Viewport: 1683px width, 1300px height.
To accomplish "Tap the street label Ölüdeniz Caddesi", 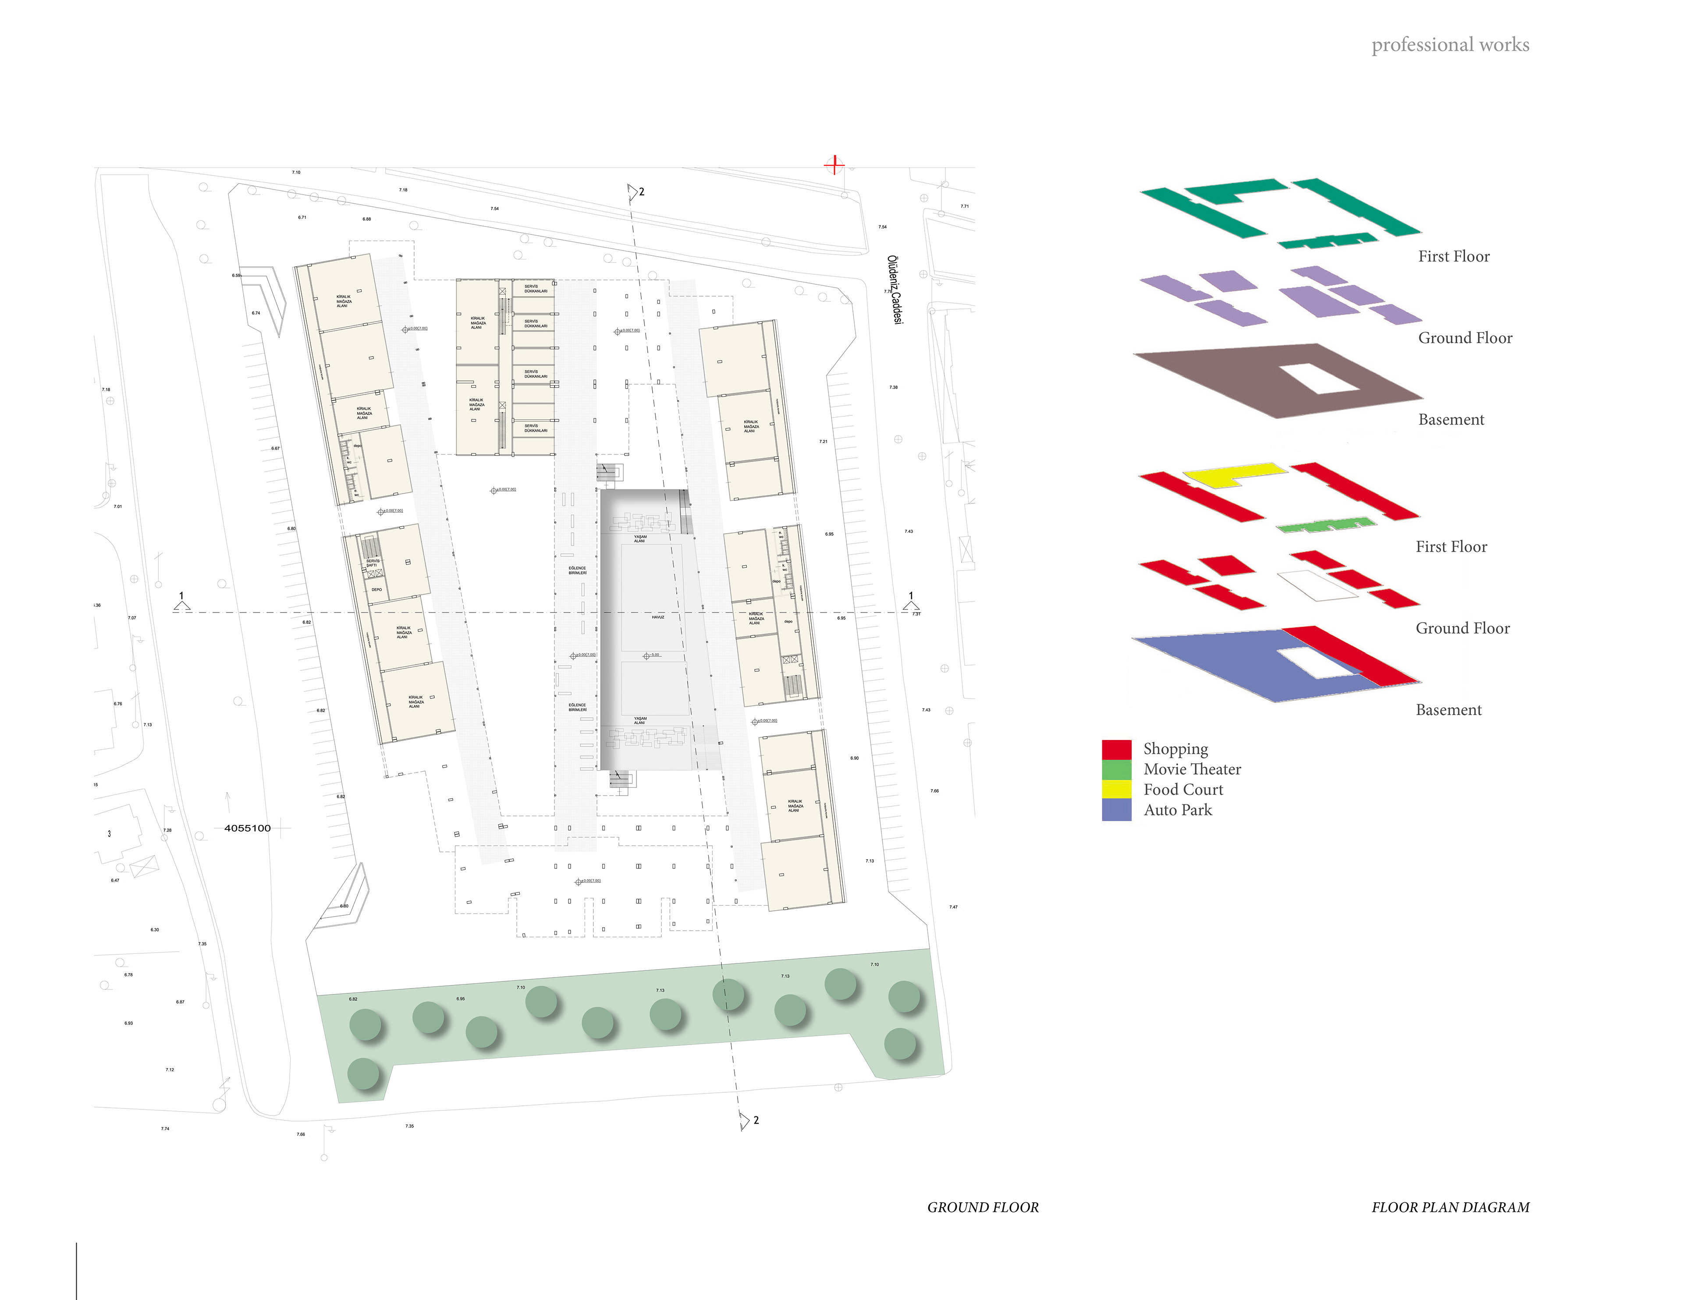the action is pyautogui.click(x=894, y=290).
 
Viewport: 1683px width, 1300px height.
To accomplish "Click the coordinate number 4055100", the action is pyautogui.click(x=247, y=829).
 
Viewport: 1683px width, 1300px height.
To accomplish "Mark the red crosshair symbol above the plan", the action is pyautogui.click(x=834, y=164).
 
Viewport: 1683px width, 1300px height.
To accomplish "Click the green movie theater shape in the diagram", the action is pyautogui.click(x=1325, y=525).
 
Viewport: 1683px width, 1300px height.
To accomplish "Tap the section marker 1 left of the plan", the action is pyautogui.click(x=182, y=602).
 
